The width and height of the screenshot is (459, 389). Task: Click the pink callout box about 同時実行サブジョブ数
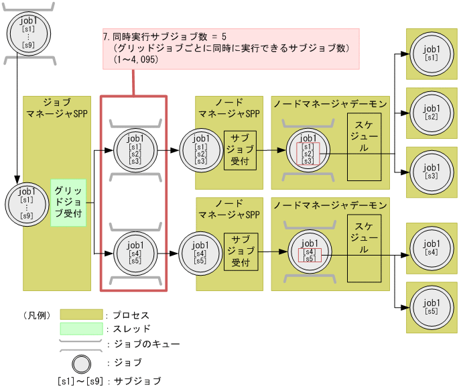tap(231, 48)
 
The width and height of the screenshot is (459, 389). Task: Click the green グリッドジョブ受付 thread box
tap(68, 202)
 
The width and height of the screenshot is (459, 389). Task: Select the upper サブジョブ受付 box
tap(240, 150)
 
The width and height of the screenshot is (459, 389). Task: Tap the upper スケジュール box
tap(364, 146)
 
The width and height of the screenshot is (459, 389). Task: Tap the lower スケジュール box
tap(364, 247)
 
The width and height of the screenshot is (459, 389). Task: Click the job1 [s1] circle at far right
tap(432, 54)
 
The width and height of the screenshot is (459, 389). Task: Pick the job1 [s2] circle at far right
tap(432, 113)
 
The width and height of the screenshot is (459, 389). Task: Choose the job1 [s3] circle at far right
tap(432, 172)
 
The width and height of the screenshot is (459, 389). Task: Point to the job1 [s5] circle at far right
tap(432, 307)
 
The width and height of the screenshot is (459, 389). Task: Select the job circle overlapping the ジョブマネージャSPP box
tap(27, 203)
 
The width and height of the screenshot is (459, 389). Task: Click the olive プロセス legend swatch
tap(80, 315)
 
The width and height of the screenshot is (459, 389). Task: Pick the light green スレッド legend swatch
tap(80, 329)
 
